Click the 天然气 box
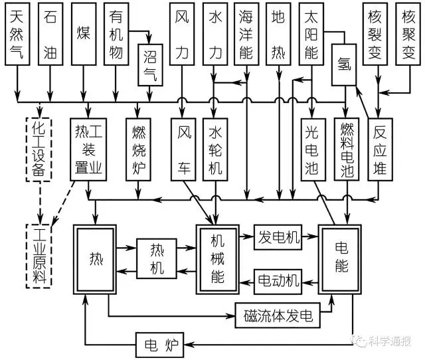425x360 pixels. [17, 36]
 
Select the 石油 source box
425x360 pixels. [50, 36]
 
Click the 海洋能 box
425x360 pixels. [246, 36]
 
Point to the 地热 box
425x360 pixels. [278, 36]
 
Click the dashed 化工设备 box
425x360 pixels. [40, 149]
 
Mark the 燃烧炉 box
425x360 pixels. [138, 149]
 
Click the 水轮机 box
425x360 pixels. [214, 149]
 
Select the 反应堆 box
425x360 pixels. [379, 149]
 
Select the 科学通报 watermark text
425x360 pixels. [388, 341]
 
